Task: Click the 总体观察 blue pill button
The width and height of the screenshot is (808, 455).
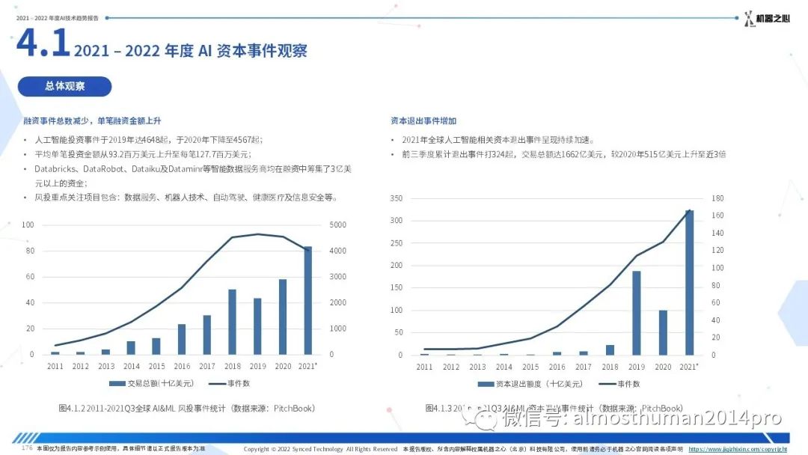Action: tap(65, 86)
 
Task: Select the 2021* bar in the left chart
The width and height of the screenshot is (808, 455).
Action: tap(307, 300)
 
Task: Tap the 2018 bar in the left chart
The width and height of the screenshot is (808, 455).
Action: tap(232, 322)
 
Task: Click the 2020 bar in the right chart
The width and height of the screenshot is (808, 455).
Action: tap(663, 332)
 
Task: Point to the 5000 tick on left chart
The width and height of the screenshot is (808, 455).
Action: tap(338, 225)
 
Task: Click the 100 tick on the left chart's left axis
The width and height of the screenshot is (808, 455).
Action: tap(28, 225)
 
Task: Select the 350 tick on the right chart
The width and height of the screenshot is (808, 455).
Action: tap(397, 199)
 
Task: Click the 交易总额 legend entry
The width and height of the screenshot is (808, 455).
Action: tap(149, 384)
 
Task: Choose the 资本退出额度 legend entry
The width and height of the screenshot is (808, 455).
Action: tap(533, 384)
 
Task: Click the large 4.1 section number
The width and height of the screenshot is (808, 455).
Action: tap(43, 44)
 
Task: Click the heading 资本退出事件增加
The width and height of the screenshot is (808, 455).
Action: tap(423, 120)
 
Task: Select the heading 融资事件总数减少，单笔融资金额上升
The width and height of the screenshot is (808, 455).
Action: tap(93, 120)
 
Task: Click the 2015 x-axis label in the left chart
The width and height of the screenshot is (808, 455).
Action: tap(156, 367)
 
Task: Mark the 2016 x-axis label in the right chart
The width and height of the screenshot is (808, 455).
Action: tap(557, 367)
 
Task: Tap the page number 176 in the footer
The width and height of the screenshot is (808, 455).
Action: tap(27, 448)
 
